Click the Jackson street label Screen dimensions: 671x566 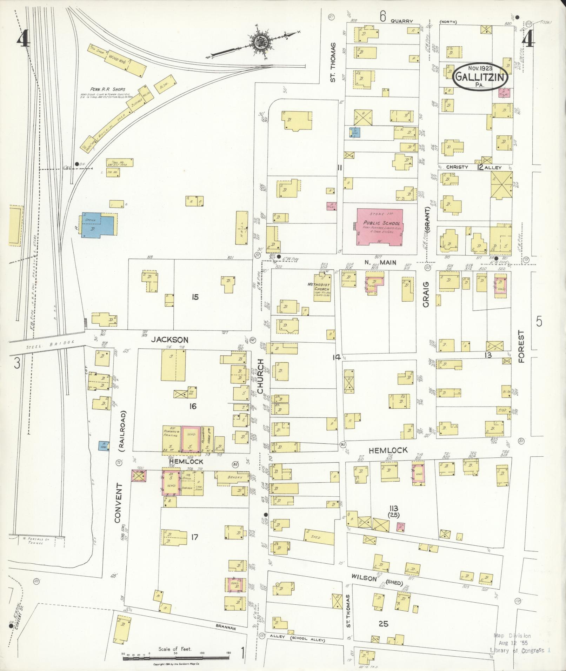(170, 340)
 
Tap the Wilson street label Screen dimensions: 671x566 (364, 578)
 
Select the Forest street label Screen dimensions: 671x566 (521, 346)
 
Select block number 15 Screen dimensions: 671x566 (195, 297)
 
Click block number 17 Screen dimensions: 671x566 (195, 536)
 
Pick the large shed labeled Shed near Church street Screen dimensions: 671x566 (319, 537)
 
